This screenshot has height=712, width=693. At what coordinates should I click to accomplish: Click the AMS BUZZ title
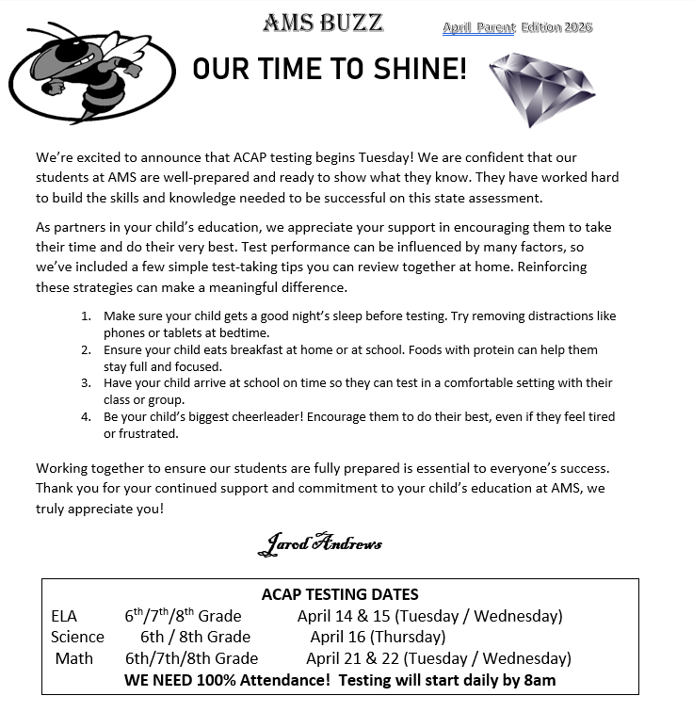(x=323, y=22)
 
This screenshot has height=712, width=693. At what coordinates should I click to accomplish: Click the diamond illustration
(x=543, y=90)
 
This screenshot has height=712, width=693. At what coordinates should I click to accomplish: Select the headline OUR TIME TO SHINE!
(x=330, y=69)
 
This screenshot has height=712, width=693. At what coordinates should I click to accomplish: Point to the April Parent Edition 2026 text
(x=517, y=27)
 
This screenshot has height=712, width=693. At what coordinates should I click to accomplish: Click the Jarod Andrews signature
(x=320, y=543)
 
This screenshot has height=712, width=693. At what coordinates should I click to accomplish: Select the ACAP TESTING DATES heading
(x=340, y=594)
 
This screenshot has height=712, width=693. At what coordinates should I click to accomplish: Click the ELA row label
(x=65, y=616)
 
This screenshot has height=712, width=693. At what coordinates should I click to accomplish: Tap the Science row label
(x=77, y=637)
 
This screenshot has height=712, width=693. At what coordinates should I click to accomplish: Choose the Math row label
(x=74, y=657)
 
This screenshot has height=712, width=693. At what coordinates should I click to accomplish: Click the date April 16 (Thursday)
(x=378, y=637)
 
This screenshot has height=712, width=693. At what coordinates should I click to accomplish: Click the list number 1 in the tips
(x=86, y=316)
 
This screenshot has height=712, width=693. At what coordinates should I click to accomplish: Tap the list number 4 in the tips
(x=86, y=416)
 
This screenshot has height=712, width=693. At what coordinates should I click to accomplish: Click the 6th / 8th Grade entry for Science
(x=195, y=637)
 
